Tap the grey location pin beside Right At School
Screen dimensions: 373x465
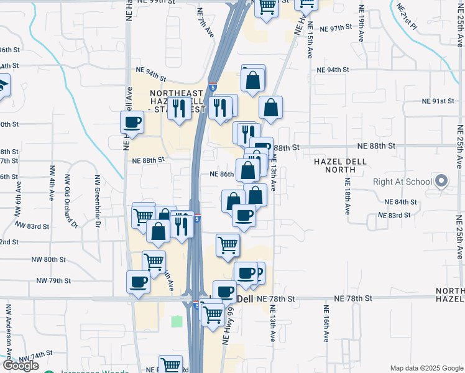pyautogui.click(x=441, y=182)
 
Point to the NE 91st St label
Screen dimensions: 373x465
pyautogui.click(x=438, y=101)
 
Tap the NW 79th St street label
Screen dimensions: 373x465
pyautogui.click(x=53, y=280)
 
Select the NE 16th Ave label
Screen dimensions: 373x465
pyautogui.click(x=326, y=323)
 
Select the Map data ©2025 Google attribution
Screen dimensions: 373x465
pyautogui.click(x=426, y=368)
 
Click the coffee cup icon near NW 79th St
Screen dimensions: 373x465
pyautogui.click(x=137, y=282)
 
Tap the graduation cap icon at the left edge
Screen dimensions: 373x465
pyautogui.click(x=3, y=85)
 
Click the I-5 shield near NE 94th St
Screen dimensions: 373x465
pyautogui.click(x=213, y=87)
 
